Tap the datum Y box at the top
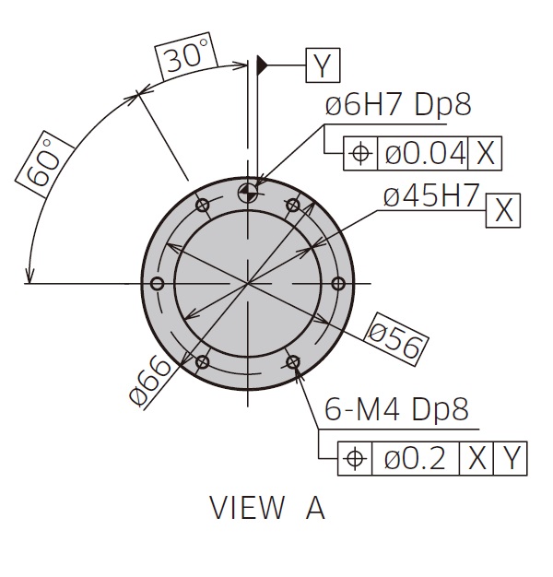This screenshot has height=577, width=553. [322, 65]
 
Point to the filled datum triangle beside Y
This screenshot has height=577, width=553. [263, 65]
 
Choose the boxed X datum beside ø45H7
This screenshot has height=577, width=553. [503, 209]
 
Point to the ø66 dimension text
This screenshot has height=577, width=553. [152, 380]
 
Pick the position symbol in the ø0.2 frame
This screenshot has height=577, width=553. [355, 457]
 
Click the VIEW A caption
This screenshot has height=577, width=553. [267, 508]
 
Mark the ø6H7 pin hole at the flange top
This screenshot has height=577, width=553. [248, 192]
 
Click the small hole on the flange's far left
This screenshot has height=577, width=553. [156, 283]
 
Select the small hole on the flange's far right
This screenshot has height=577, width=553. [338, 283]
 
